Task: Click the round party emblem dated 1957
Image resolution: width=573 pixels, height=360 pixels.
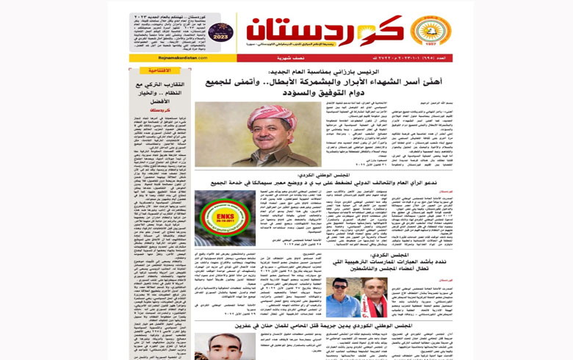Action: [x=424, y=32]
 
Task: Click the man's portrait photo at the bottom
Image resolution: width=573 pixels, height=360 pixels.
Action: [x=224, y=347]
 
